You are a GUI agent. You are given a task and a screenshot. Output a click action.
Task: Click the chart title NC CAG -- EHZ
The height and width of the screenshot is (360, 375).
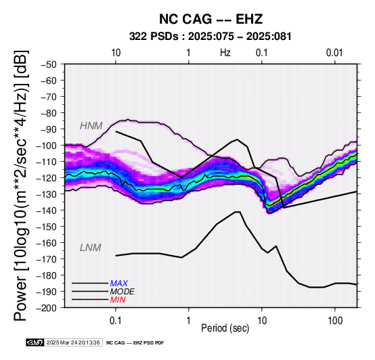point(211,19)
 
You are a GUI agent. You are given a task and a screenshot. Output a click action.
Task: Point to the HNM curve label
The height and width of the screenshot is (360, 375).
point(91,126)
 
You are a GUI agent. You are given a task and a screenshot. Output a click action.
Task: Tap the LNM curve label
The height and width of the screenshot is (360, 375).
point(91,248)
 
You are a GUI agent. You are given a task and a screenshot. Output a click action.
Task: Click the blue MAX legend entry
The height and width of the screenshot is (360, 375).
point(119,284)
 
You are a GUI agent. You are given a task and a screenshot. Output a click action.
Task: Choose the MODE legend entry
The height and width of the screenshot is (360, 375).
point(123,292)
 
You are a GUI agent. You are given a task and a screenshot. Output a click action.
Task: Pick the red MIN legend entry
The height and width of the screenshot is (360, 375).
point(118,300)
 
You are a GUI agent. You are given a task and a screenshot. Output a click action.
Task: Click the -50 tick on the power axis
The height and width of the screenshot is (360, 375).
point(48,64)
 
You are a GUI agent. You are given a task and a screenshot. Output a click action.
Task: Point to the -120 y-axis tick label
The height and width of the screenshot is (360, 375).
point(47,178)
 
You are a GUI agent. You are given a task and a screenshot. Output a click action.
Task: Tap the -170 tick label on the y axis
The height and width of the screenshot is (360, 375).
point(47,259)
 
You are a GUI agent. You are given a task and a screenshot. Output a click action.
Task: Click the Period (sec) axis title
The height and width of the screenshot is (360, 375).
point(225,328)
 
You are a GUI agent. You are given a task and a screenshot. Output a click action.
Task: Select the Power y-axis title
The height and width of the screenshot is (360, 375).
point(20,185)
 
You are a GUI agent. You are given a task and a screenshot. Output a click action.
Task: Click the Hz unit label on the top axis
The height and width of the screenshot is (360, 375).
point(225,53)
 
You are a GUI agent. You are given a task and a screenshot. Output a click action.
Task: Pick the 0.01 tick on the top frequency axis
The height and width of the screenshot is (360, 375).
point(334,53)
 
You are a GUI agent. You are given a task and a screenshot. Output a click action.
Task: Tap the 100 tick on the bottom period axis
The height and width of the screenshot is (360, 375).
point(335,321)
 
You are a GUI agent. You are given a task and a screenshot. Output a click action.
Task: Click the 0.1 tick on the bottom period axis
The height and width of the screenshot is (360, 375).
point(116,321)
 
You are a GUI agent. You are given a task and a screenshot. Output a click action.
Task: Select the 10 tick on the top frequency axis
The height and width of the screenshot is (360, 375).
point(116,53)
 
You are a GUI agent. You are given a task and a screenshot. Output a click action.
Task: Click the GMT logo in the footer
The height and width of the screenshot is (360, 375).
point(35,342)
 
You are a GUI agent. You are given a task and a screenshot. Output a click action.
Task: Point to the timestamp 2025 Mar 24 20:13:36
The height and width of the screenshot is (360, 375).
point(73,342)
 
